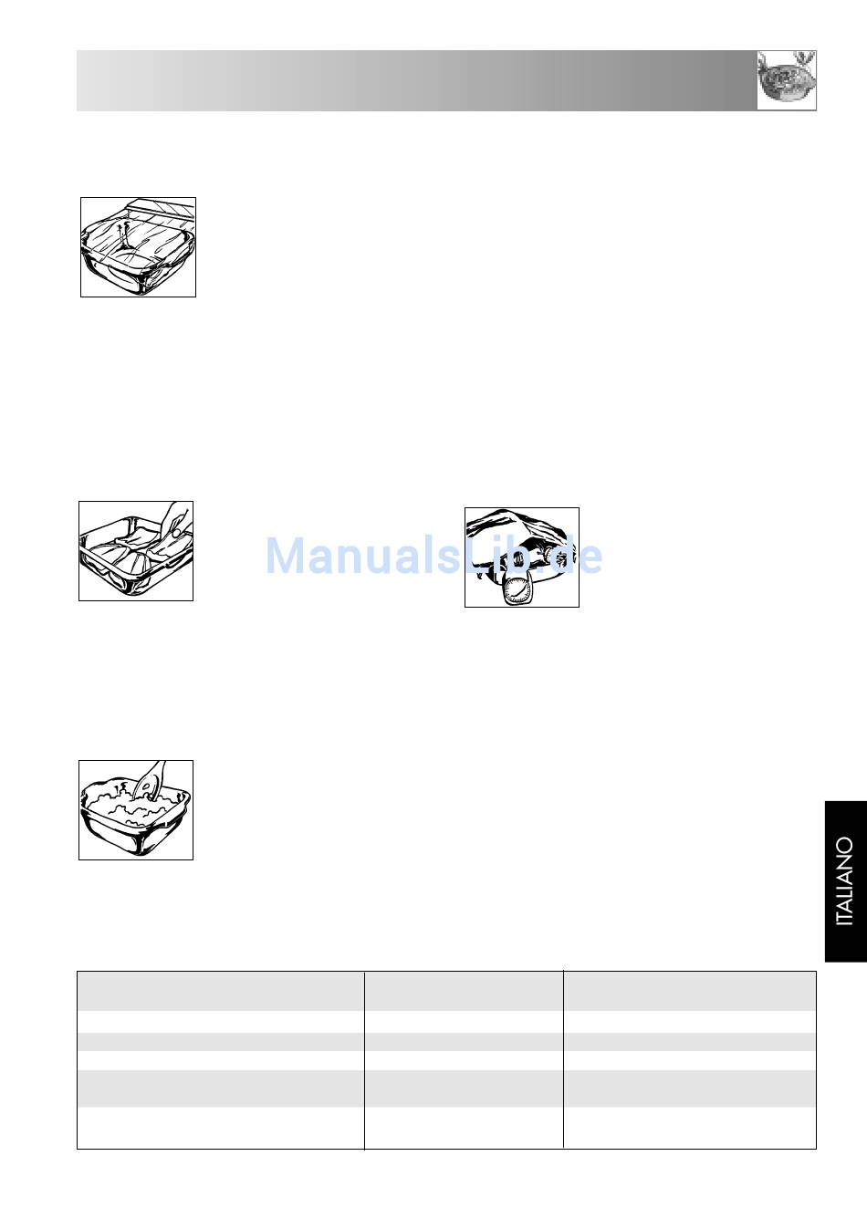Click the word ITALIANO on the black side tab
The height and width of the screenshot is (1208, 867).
(845, 881)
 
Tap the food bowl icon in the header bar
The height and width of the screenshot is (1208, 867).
(786, 80)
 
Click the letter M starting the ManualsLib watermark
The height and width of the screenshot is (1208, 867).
(286, 556)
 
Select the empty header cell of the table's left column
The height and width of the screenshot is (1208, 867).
(221, 991)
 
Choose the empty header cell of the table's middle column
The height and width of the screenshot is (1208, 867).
(464, 991)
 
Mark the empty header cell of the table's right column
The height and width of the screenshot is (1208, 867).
(690, 991)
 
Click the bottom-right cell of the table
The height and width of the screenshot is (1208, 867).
(690, 1128)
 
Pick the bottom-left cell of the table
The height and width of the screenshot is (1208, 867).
(221, 1128)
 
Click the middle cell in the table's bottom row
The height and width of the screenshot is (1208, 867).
(464, 1128)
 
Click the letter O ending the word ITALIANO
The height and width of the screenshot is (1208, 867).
(845, 844)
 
